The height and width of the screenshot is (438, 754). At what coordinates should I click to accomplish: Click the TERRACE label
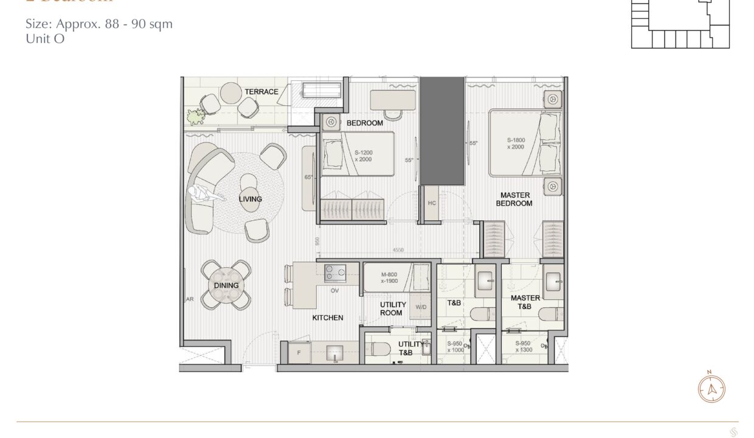(x=261, y=92)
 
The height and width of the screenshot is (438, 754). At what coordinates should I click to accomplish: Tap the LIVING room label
(x=250, y=199)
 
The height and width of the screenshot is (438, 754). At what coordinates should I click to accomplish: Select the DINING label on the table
(x=226, y=285)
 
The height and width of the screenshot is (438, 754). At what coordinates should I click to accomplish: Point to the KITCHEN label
(x=328, y=318)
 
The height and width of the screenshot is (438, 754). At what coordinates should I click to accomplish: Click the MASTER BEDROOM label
(x=514, y=200)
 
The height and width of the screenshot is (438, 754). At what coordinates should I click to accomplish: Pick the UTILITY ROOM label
(x=391, y=309)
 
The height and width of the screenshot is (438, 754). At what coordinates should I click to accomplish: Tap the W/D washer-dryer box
(x=421, y=308)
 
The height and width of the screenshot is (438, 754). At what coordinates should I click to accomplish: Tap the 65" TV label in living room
(x=308, y=177)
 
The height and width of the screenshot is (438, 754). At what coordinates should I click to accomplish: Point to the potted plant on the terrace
(x=195, y=116)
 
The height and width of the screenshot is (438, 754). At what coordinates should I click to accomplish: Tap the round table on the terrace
(x=232, y=93)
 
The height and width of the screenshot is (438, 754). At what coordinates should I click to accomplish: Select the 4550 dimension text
(x=398, y=249)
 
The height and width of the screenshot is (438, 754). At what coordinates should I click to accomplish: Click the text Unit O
(x=45, y=38)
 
